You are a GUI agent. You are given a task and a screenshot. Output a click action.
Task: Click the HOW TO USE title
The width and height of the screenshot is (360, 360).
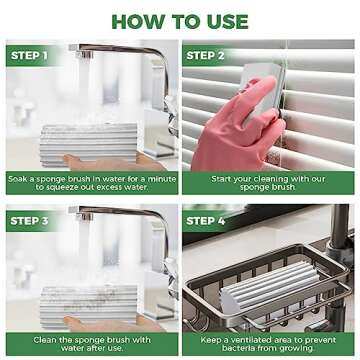[x=180, y=19]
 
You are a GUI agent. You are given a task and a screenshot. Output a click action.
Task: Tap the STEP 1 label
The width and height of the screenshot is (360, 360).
[x=31, y=56]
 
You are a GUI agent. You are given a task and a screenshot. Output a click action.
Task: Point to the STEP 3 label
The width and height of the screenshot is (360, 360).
[x=31, y=220]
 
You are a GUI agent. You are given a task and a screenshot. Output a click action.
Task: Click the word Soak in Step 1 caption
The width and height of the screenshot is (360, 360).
[x=17, y=178]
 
